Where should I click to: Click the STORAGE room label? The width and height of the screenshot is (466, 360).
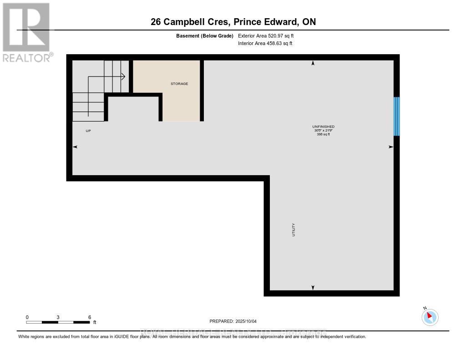point(179,84)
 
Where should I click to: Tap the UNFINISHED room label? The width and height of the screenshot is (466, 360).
point(323,127)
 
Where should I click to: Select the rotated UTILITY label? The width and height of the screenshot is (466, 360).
point(294,229)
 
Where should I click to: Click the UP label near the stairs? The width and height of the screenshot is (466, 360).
point(88,131)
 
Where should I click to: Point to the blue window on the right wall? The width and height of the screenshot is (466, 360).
point(396,117)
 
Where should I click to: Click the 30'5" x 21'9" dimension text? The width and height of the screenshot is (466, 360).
point(323,131)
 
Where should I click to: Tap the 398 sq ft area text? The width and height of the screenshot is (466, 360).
point(323,134)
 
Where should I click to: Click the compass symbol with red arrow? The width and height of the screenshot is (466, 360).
point(430,317)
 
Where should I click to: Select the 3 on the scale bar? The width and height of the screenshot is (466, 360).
point(58,317)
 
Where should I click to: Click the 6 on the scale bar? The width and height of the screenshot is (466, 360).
point(90,317)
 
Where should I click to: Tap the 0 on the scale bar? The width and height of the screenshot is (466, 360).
point(27,317)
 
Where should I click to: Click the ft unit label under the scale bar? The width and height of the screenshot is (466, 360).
point(95,322)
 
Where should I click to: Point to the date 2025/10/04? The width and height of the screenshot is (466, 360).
point(246,321)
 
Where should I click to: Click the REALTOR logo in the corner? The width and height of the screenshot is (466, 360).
point(27,32)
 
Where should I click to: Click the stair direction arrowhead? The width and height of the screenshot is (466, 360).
point(123,77)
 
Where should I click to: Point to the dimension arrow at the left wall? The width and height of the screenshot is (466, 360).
point(75,147)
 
